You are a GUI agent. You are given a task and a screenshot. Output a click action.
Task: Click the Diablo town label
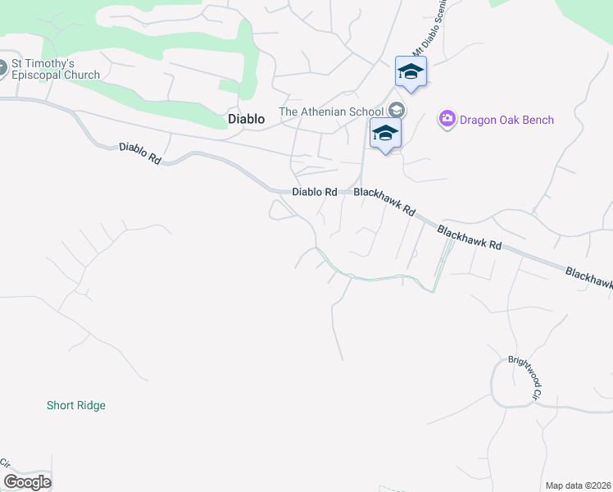(246, 119)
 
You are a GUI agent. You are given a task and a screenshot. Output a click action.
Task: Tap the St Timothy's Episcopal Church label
(55, 69)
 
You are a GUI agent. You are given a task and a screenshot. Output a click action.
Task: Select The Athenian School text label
(331, 112)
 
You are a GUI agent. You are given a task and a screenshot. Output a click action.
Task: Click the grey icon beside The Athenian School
(397, 110)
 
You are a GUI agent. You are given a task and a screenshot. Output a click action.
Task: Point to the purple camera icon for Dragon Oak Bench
(447, 120)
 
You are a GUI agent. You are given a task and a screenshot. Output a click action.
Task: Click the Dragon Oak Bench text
(506, 120)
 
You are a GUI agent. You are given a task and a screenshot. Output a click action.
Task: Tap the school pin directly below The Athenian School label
(384, 133)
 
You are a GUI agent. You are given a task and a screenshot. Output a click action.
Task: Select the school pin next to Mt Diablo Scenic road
(411, 72)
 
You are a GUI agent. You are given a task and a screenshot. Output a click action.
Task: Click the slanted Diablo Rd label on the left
(140, 153)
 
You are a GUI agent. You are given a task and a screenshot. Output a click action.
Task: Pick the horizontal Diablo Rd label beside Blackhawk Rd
(315, 192)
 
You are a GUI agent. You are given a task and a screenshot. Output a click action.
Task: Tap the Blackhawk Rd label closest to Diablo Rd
(384, 202)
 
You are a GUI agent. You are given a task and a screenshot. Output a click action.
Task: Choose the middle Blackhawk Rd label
(469, 239)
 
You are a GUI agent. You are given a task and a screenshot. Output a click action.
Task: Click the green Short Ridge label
(76, 405)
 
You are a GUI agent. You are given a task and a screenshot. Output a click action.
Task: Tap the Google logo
(27, 482)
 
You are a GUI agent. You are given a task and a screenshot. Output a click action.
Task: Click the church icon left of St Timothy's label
(2, 69)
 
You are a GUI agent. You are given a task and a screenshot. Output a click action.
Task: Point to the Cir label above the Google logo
(4, 462)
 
